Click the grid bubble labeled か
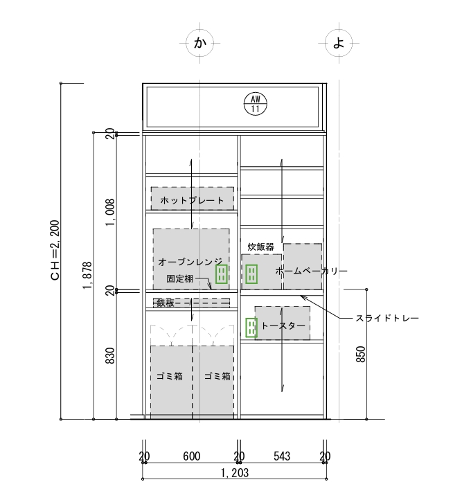[x=199, y=43]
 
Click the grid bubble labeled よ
[x=339, y=43]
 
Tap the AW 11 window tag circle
[x=255, y=104]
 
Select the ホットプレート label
[x=192, y=201]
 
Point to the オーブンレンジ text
[x=190, y=262]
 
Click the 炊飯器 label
[x=261, y=247]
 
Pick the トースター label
[x=283, y=325]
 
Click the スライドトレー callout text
[x=387, y=319]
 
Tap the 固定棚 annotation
[x=179, y=278]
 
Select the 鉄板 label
[x=166, y=303]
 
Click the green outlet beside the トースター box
[x=251, y=328]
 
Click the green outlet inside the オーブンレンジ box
[x=222, y=274]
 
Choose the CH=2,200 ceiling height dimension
[x=55, y=250]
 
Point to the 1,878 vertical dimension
[x=87, y=276]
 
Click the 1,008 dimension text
[x=110, y=213]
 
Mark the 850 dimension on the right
[x=360, y=354]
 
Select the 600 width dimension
[x=192, y=456]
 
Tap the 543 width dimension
[x=282, y=456]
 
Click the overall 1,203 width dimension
[x=235, y=473]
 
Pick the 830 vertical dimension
[x=110, y=355]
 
